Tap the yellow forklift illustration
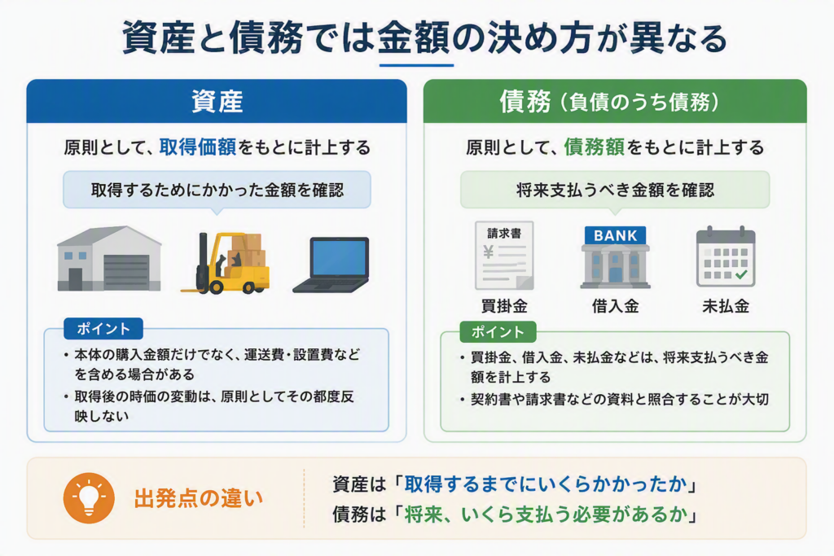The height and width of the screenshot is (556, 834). pos(226,263)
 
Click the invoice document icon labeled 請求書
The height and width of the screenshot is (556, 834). pos(504,255)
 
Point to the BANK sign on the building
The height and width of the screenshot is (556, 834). pos(616,235)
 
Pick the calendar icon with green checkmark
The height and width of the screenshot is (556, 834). pos(726,256)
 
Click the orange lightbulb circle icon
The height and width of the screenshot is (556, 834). pos(89,498)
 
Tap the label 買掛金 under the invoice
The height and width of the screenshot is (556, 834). pos(504,306)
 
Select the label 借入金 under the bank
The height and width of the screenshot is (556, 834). pos(616,306)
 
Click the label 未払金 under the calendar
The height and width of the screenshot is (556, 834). pos(726,306)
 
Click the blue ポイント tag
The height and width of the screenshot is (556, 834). pos(103,329)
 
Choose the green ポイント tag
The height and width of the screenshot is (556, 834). pos(498,331)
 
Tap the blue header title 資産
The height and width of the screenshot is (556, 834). pos(217,102)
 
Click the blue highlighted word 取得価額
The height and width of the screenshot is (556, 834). pos(197,147)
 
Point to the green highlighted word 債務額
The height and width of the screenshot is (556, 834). pos(594,147)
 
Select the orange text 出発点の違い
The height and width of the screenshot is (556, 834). pos(199,498)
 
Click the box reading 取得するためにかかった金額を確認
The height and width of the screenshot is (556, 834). pos(217,190)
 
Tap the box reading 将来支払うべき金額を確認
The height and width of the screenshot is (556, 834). pos(615,190)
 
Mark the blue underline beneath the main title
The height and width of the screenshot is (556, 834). pos(416,65)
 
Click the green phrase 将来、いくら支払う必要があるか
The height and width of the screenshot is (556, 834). pos(546,514)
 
